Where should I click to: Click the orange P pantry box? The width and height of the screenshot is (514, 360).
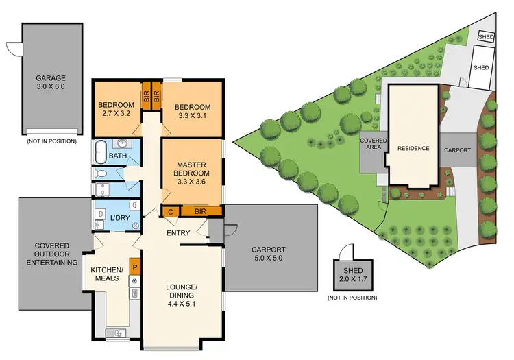click(x=136, y=267)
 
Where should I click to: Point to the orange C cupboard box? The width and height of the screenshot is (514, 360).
click(x=170, y=212)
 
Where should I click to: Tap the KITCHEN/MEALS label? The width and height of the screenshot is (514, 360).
click(x=106, y=273)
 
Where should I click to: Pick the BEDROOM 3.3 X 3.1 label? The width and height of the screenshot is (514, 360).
click(x=193, y=112)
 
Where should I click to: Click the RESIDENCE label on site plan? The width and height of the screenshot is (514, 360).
click(x=414, y=148)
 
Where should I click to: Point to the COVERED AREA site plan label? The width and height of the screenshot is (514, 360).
click(x=374, y=143)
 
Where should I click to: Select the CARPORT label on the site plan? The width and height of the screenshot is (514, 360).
click(x=457, y=149)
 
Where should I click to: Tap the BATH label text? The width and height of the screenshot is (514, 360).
click(x=118, y=156)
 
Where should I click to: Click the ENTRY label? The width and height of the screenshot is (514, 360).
click(x=178, y=234)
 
